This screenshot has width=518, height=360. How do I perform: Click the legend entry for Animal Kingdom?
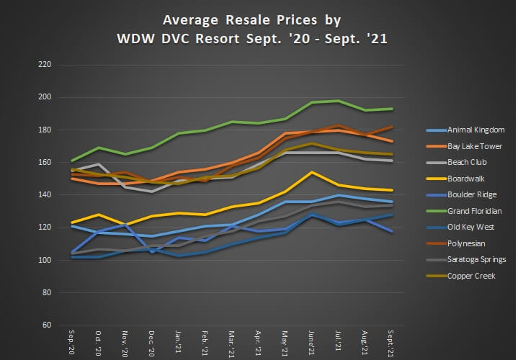coord(475,130)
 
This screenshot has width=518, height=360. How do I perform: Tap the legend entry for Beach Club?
coord(468,162)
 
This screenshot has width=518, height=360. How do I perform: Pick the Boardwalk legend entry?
coord(466,178)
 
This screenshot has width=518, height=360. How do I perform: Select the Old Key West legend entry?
coord(470,227)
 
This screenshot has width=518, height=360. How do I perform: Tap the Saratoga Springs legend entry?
coord(476,259)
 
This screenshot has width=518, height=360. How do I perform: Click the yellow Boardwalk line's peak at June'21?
coord(311,172)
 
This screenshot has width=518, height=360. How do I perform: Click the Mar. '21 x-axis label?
coord(232,343)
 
